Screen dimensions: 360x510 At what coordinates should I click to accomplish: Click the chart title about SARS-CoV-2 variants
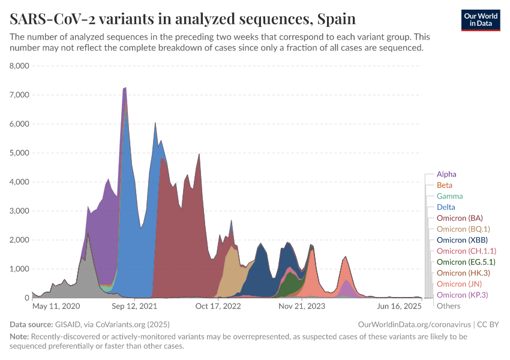pyautogui.click(x=183, y=19)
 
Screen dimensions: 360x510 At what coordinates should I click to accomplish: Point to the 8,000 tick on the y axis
pyautogui.click(x=20, y=66)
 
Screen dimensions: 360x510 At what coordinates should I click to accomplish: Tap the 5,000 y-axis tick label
pyautogui.click(x=20, y=153)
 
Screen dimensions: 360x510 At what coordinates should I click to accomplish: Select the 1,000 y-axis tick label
pyautogui.click(x=20, y=269)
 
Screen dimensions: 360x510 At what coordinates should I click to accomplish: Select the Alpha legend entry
pyautogui.click(x=446, y=175)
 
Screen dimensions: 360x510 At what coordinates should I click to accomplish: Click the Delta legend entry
pyautogui.click(x=446, y=207)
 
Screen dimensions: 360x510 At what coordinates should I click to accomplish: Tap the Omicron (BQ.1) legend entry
pyautogui.click(x=463, y=229)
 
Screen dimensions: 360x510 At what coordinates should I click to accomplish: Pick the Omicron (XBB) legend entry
pyautogui.click(x=461, y=240)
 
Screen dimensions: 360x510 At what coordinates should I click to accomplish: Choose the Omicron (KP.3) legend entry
pyautogui.click(x=461, y=295)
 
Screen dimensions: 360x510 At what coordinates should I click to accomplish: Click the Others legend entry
pyautogui.click(x=448, y=306)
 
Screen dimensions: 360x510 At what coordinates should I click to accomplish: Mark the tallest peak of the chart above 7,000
pyautogui.click(x=125, y=88)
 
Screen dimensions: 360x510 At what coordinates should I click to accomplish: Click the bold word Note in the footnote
pyautogui.click(x=19, y=337)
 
